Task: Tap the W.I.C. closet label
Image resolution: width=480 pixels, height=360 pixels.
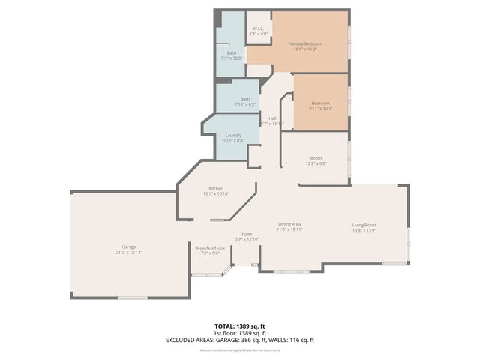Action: click(x=257, y=28)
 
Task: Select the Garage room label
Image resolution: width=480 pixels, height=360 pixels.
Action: click(x=128, y=247)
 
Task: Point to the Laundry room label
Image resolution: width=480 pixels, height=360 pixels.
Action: click(x=233, y=135)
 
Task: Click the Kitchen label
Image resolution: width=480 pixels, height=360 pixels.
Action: click(x=216, y=188)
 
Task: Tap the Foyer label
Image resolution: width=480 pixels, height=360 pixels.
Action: click(x=247, y=234)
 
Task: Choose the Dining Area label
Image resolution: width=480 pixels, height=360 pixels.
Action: click(x=289, y=224)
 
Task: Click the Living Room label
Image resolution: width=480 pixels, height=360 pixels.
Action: click(x=364, y=225)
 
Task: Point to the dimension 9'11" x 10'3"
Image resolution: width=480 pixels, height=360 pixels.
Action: click(x=320, y=108)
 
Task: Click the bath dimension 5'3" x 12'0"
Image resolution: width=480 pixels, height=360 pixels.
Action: click(x=232, y=58)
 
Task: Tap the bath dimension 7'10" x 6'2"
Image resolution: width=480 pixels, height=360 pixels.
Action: click(x=245, y=104)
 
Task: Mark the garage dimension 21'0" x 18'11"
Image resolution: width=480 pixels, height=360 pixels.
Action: click(x=128, y=253)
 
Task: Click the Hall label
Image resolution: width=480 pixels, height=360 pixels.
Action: click(x=273, y=118)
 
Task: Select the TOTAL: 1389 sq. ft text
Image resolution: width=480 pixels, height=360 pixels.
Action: click(x=240, y=326)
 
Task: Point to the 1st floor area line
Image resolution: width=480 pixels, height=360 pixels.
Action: click(x=240, y=333)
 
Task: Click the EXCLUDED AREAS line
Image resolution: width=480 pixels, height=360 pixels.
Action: click(x=240, y=340)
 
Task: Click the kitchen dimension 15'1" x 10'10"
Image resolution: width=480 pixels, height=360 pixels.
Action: click(x=216, y=194)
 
